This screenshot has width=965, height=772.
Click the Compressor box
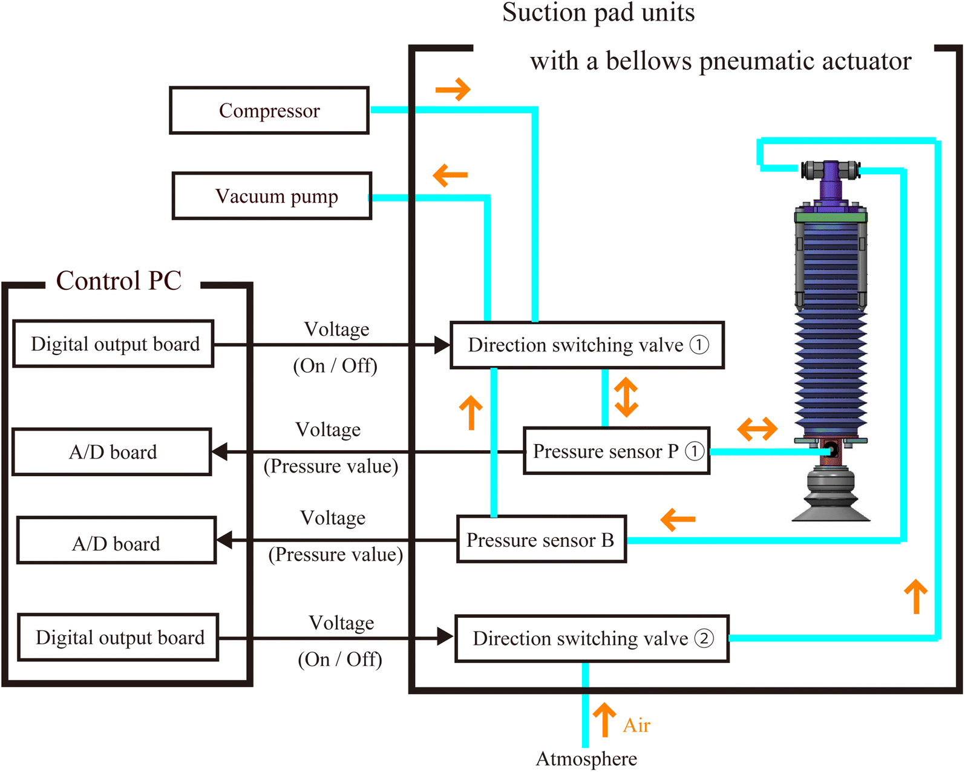click(269, 110)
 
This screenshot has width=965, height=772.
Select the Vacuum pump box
click(272, 196)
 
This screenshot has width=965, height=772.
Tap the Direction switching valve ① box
click(587, 345)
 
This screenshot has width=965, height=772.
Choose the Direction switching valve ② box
click(592, 638)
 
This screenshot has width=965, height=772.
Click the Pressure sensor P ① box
click(617, 451)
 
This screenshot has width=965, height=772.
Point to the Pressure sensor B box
click(541, 539)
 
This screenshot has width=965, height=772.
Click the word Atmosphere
click(586, 759)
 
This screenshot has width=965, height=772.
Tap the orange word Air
click(636, 725)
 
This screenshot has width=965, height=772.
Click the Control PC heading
click(119, 281)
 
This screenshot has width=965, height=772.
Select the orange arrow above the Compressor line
click(453, 90)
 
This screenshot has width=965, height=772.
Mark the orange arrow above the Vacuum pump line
click(450, 175)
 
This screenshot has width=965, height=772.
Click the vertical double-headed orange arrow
click(626, 397)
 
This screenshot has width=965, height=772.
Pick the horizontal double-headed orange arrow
click(757, 429)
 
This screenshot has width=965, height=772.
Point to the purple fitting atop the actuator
click(831, 180)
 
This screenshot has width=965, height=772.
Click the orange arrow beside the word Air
click(604, 719)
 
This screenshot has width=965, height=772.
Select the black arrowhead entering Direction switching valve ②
click(445, 636)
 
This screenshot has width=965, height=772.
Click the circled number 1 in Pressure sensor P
click(694, 451)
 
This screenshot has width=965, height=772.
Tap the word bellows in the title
click(649, 62)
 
